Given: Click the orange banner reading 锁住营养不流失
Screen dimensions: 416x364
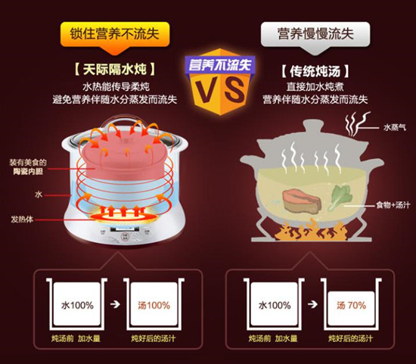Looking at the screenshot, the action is (115, 35).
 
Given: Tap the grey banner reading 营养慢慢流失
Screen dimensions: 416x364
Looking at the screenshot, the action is (315, 35).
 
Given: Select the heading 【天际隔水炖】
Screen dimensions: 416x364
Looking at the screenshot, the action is (115, 70).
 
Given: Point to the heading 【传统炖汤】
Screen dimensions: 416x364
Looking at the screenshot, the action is (315, 71).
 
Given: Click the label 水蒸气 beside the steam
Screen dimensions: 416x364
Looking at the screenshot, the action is (395, 128).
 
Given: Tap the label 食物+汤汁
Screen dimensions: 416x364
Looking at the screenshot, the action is (393, 205).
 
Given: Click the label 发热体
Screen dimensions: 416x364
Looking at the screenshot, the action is (22, 219).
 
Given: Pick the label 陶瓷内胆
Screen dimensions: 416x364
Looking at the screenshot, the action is (28, 172).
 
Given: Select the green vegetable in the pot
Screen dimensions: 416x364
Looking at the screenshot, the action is (340, 197).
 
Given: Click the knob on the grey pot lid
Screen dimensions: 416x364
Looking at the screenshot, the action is (314, 126).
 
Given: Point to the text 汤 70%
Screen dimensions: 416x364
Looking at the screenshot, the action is (351, 305).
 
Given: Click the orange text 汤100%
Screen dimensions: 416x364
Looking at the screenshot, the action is (154, 305).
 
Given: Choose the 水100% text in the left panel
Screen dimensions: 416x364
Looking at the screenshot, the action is (77, 305).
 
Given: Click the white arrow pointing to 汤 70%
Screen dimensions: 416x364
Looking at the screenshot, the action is (312, 304).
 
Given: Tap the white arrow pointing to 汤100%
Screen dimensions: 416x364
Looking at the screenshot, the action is (115, 304).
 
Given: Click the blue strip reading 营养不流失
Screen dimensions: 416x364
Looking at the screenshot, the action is (220, 64).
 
